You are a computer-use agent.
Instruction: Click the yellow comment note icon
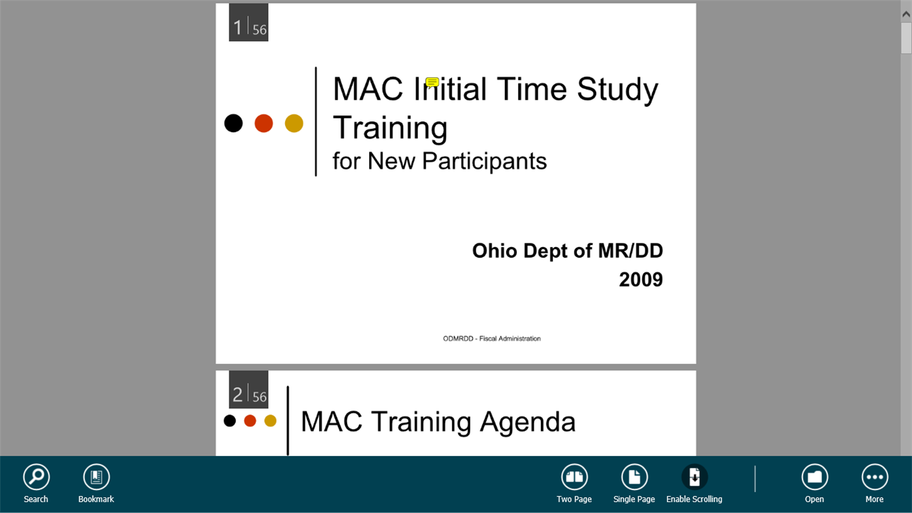pyautogui.click(x=432, y=82)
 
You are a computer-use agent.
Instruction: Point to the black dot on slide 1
pyautogui.click(x=233, y=123)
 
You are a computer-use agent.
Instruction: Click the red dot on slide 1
pyautogui.click(x=264, y=123)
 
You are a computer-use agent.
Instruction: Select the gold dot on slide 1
pyautogui.click(x=294, y=123)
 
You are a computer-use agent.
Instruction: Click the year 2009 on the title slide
pyautogui.click(x=641, y=280)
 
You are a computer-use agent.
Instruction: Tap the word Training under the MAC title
pyautogui.click(x=390, y=128)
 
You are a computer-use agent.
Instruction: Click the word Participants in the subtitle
pyautogui.click(x=484, y=161)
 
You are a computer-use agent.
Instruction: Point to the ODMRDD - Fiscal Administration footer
pyautogui.click(x=492, y=339)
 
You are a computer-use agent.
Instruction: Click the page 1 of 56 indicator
pyautogui.click(x=249, y=22)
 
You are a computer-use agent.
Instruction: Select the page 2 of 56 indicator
pyautogui.click(x=249, y=389)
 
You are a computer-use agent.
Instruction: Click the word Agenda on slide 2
pyautogui.click(x=528, y=422)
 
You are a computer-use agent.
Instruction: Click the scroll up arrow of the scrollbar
pyautogui.click(x=906, y=14)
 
